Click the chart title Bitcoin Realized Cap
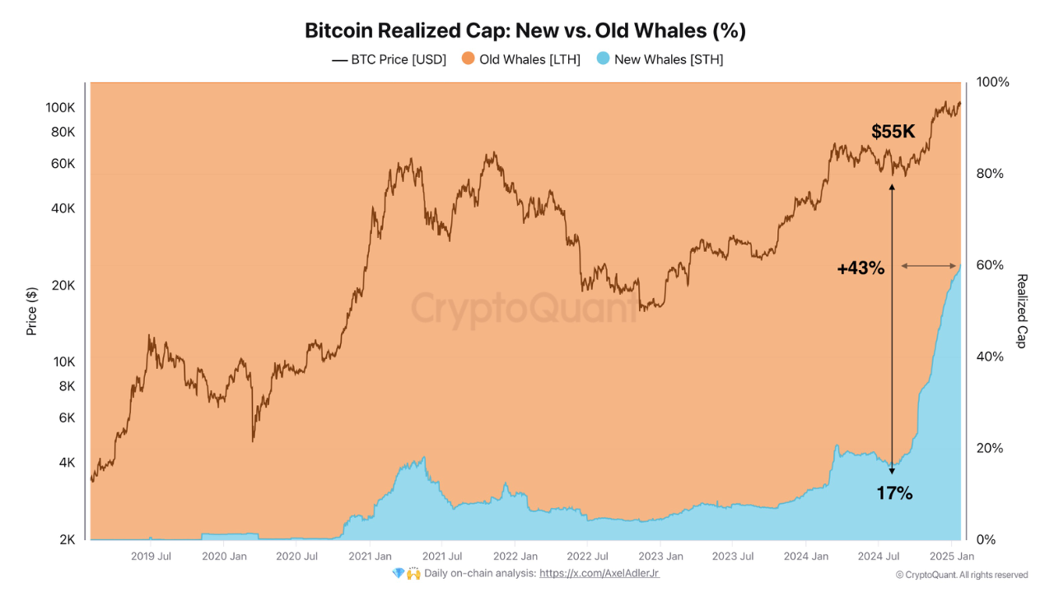pos(525,31)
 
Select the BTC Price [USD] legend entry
pos(389,59)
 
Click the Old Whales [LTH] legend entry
pos(521,59)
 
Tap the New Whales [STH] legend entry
pos(660,59)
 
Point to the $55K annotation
pos(893,132)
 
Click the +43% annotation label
pos(860,268)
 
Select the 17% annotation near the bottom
pos(894,494)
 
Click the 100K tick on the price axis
pos(60,108)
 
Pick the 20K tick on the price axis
pos(63,286)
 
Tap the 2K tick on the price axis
pos(67,540)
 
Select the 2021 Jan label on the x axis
pos(371,557)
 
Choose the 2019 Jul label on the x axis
pos(152,557)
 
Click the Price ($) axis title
pos(32,310)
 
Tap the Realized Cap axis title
pos(1021,310)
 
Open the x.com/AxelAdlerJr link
pos(599,573)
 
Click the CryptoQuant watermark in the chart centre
pos(524,310)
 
